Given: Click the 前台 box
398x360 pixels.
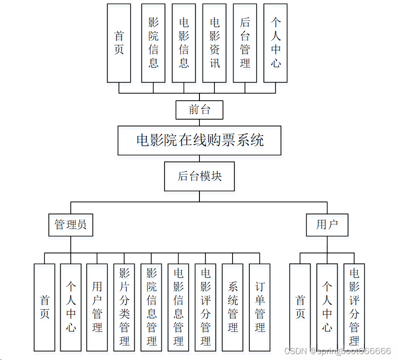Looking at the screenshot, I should coord(199,110).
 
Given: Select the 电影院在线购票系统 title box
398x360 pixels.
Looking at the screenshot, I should coord(199,141).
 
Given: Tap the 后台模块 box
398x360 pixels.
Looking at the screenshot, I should coord(199,176).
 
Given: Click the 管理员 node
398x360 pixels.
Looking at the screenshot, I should coord(71,224).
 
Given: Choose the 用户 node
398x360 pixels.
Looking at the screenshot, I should coord(326,224).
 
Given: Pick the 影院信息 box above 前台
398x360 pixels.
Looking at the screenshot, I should coord(153,43).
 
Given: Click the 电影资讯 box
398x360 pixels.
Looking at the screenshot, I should coord(214,43).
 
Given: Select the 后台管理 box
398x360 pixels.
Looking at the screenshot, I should coord(245,43).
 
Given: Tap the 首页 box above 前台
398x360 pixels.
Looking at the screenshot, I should coord(119,43).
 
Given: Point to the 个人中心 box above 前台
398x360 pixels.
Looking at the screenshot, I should coord(276,43).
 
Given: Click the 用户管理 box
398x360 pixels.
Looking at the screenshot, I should coord(97,307).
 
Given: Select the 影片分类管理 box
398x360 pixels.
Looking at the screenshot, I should coord(124,307).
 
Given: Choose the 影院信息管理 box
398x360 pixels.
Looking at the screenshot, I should coord(151,307).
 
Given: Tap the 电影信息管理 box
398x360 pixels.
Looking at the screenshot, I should coord(179,307).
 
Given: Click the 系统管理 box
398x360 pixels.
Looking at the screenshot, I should coord(233,307).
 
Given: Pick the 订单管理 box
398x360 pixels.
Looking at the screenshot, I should coord(260,307).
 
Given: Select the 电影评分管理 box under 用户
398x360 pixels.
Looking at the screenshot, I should coord(354,307).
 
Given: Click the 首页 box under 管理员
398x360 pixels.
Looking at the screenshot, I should coord(44,307).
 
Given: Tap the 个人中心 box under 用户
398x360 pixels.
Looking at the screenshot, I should coord(327,307).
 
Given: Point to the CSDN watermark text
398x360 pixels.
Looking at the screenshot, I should coord(337,351).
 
